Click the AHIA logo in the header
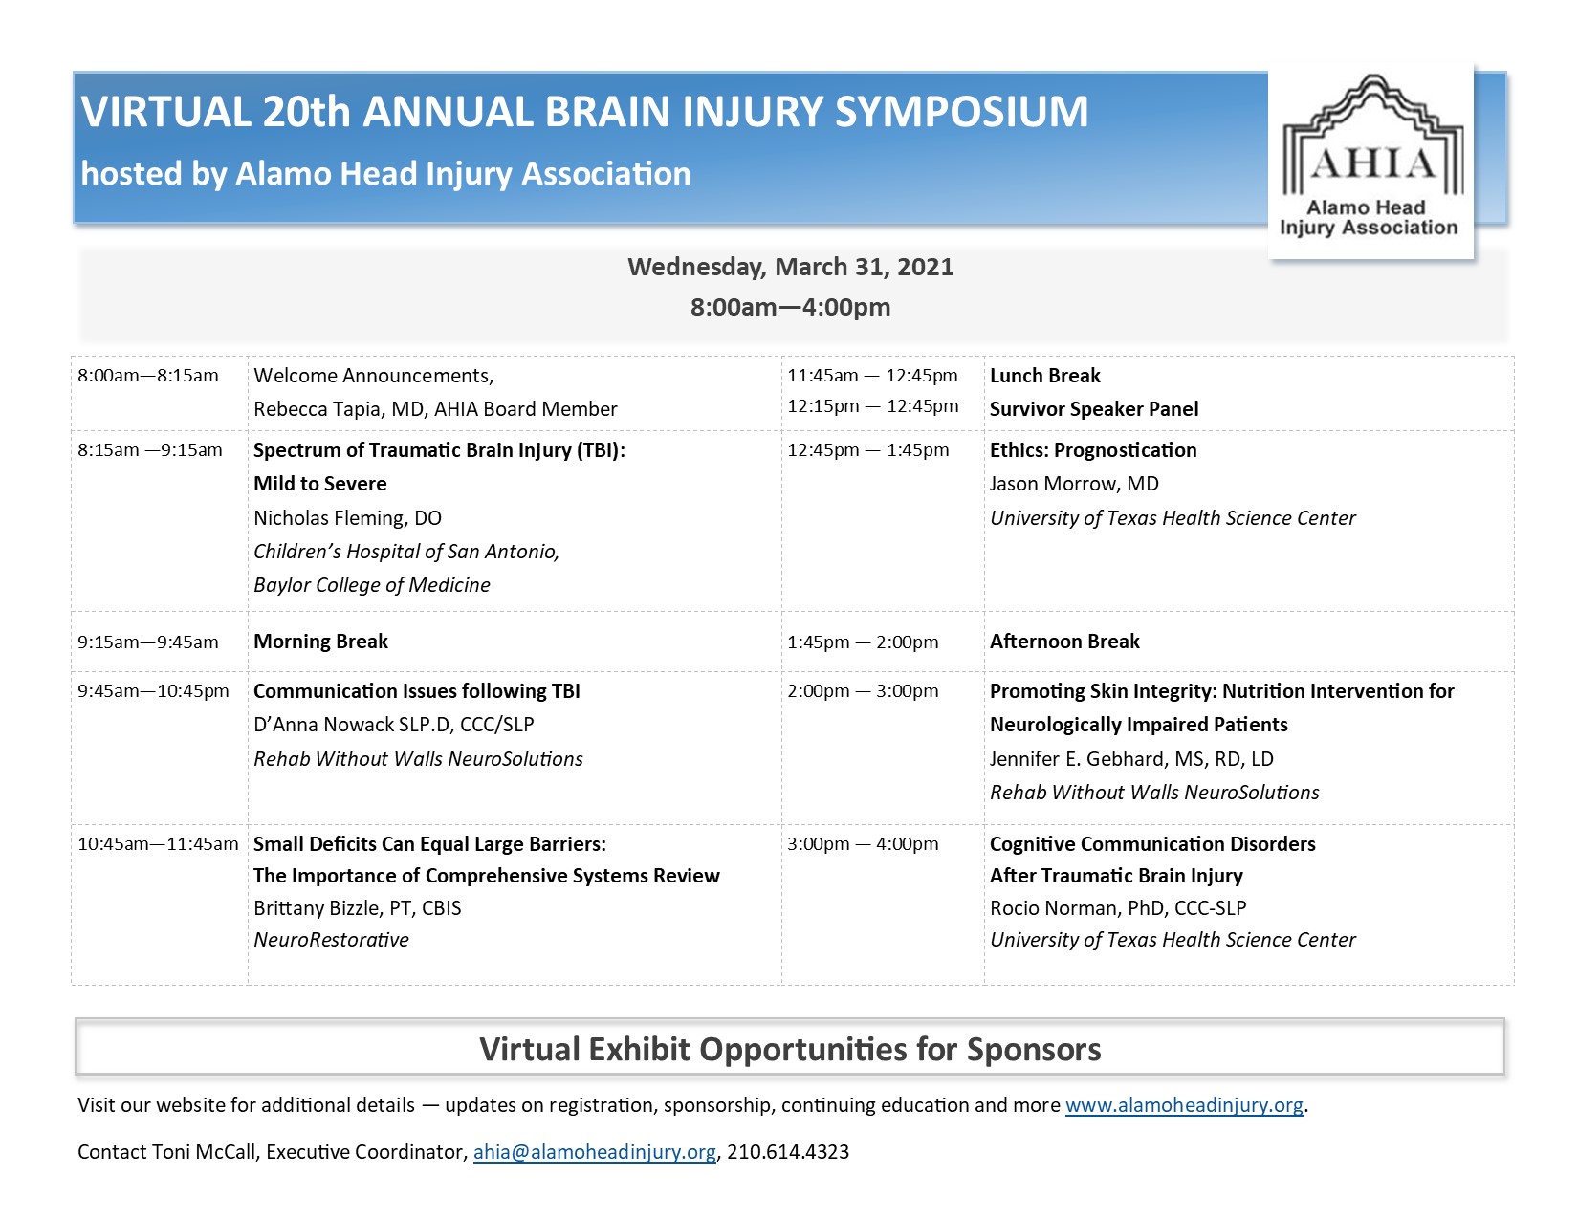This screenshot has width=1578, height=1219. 1370,161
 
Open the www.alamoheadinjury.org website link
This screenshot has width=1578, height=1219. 1184,1105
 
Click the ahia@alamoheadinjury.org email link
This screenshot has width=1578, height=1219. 594,1152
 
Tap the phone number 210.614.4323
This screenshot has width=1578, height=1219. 788,1152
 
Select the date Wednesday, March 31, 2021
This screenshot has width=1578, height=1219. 790,267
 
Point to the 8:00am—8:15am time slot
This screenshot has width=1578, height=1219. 148,376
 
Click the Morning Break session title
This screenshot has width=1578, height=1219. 321,642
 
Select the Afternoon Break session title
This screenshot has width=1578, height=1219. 1064,642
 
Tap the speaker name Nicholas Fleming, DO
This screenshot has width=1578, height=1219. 348,517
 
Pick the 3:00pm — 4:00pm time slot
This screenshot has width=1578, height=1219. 863,843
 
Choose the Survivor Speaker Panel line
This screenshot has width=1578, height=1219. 1094,409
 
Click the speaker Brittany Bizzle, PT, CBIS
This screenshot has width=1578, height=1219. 358,908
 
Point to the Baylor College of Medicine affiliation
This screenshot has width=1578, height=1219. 372,585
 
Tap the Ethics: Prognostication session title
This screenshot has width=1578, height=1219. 1093,450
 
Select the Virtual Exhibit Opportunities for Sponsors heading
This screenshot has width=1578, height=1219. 790,1049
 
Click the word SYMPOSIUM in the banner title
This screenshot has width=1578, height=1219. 961,112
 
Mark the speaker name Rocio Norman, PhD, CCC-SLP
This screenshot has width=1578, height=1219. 1118,908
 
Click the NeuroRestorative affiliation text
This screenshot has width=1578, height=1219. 331,940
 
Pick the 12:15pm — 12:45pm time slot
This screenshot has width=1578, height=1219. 873,405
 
